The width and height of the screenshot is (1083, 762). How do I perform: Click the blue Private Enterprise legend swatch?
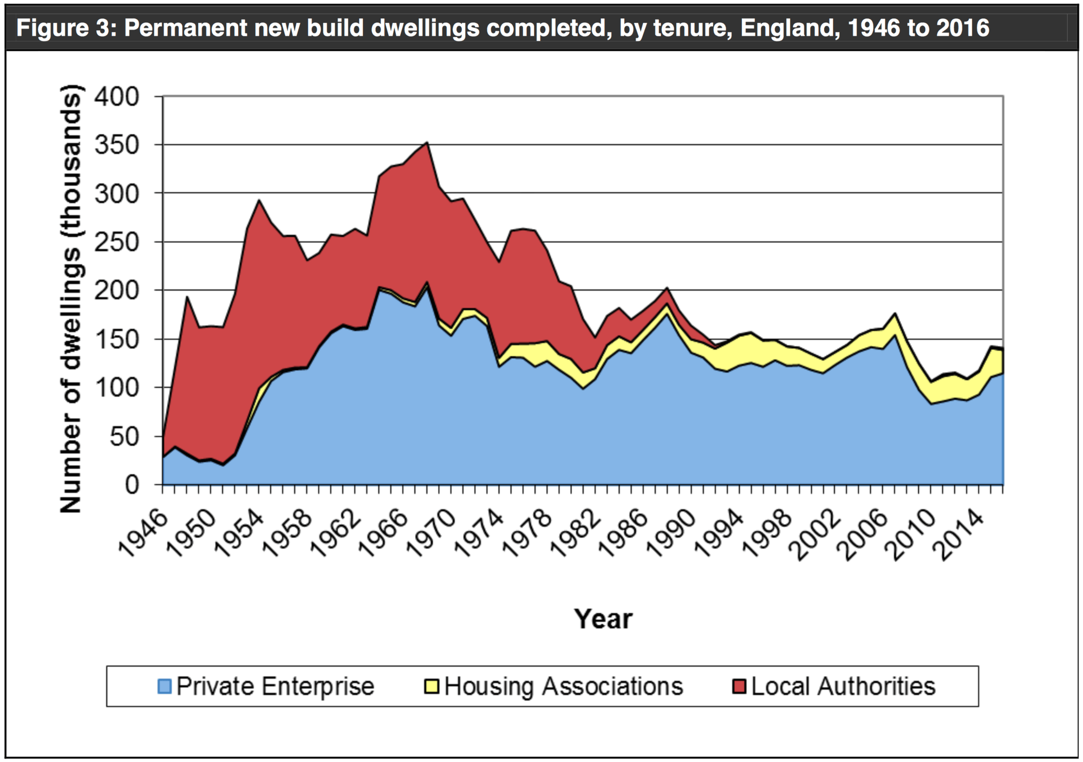pyautogui.click(x=165, y=686)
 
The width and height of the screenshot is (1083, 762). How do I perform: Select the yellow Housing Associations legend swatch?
pyautogui.click(x=432, y=686)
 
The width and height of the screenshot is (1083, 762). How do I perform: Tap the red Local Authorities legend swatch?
pyautogui.click(x=739, y=686)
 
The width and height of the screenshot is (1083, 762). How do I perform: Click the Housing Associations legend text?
pyautogui.click(x=564, y=686)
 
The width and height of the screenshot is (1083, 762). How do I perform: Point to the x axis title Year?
pyautogui.click(x=603, y=619)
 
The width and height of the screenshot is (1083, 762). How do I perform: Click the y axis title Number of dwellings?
pyautogui.click(x=71, y=298)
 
